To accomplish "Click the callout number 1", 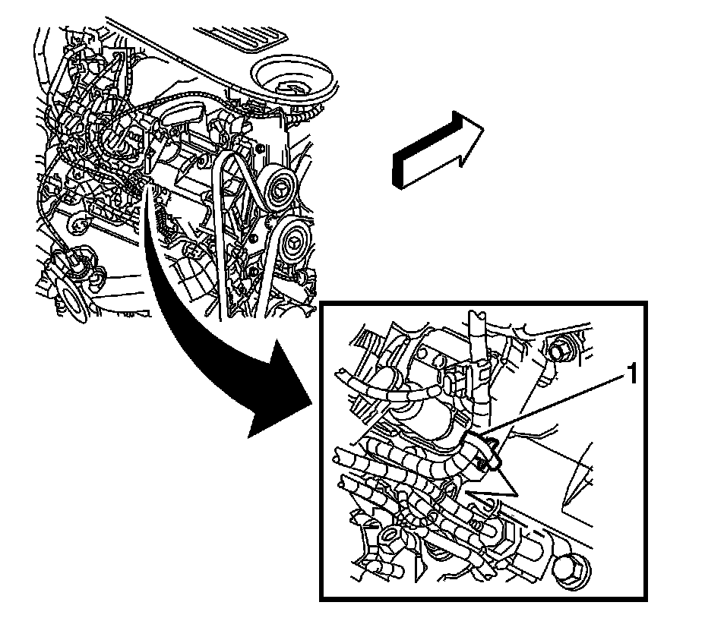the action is [x=629, y=374].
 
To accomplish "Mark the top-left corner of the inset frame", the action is [x=322, y=304].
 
